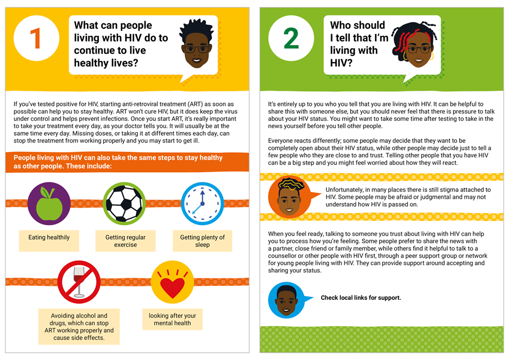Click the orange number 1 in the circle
click(x=35, y=38)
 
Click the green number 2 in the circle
click(x=291, y=38)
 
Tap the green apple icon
click(x=49, y=204)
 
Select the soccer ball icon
click(x=124, y=204)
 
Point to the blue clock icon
click(x=202, y=204)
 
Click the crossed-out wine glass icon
click(x=79, y=282)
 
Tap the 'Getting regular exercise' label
click(x=125, y=241)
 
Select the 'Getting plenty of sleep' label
click(x=202, y=241)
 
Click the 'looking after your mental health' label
click(x=172, y=319)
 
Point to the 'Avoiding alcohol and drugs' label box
click(x=79, y=326)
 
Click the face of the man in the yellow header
click(x=197, y=44)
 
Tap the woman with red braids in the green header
click(x=414, y=44)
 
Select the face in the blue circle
click(x=286, y=300)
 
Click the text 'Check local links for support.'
click(x=360, y=298)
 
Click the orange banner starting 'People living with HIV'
click(x=128, y=161)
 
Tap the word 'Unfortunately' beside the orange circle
click(x=344, y=190)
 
